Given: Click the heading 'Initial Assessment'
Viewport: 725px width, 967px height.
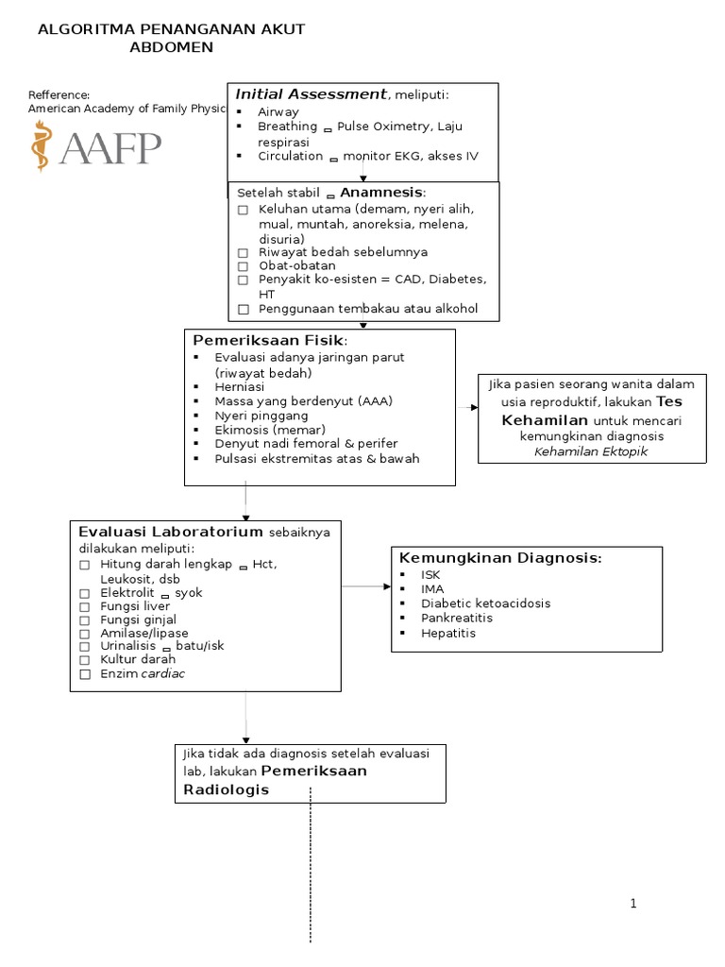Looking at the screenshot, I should point(311,93).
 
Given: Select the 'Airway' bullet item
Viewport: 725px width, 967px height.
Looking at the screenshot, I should point(278,111).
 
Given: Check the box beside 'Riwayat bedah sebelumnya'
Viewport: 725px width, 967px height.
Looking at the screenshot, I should point(243,253).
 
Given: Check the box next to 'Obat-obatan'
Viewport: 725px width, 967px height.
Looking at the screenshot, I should point(243,266).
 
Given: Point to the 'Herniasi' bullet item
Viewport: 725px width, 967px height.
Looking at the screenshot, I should point(239,387).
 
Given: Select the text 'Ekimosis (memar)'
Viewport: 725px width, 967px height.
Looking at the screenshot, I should point(265,430).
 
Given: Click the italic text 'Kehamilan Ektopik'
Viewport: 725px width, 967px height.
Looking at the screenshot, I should point(591,451).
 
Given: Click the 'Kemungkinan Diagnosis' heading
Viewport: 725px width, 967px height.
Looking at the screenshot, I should point(499,558).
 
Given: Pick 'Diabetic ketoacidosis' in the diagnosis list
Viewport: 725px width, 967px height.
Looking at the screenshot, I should point(485,602).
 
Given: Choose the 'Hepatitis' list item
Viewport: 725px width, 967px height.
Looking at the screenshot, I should point(448,633).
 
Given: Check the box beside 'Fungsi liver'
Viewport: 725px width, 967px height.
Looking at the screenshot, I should point(84,606).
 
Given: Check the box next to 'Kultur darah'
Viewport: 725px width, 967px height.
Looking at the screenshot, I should point(84,660).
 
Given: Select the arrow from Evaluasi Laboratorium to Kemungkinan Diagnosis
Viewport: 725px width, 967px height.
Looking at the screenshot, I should point(366,586).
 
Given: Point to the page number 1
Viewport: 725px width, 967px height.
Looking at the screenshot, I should point(633,904).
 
